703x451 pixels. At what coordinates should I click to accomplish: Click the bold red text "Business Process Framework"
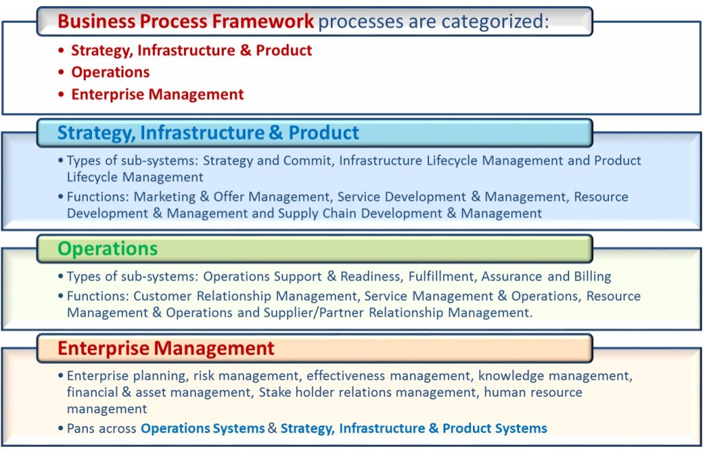185,21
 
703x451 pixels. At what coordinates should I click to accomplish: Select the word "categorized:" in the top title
496,21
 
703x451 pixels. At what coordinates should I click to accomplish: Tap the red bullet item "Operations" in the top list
110,72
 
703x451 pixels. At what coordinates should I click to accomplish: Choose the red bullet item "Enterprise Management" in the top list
157,94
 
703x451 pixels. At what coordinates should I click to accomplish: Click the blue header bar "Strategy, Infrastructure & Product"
208,132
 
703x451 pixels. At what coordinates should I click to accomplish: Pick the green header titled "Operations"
107,248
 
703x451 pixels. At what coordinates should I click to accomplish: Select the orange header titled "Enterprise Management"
165,348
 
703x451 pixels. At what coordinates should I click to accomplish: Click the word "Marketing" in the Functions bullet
164,197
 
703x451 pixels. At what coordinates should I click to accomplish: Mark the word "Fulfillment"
441,277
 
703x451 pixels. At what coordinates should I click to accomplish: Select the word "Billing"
592,277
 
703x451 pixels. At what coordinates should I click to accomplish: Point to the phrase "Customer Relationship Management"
244,297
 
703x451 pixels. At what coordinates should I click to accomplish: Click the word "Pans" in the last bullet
82,428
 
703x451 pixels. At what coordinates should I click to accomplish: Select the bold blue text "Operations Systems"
203,428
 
